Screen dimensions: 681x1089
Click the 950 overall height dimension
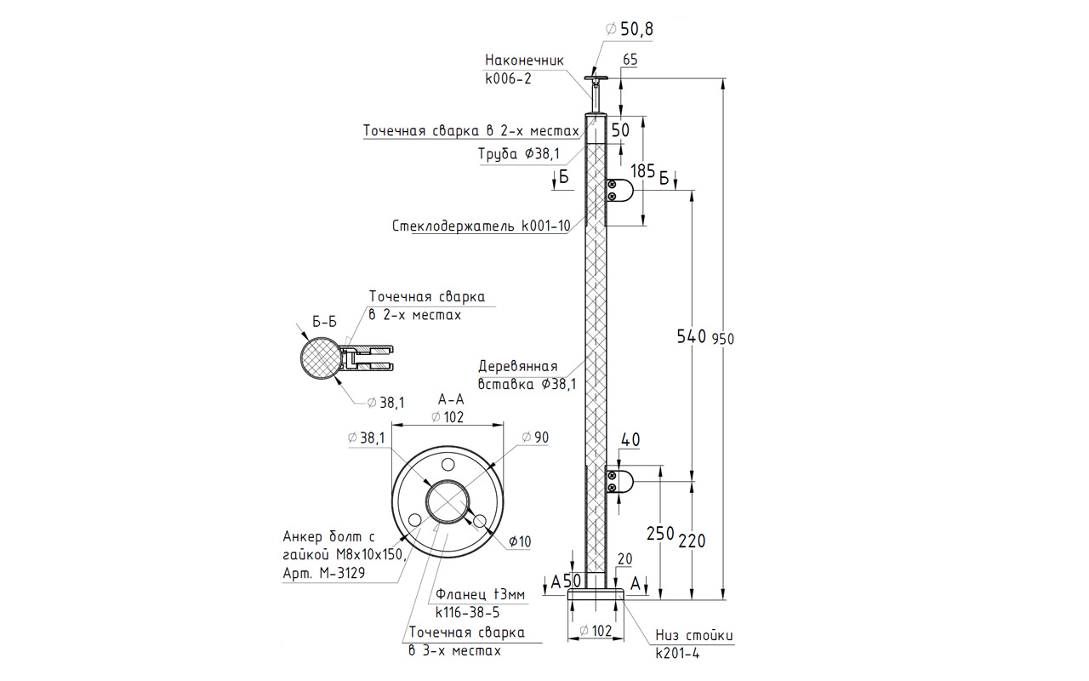coord(722,339)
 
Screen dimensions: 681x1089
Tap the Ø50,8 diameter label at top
coord(630,30)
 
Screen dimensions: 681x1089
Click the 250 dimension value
coord(659,534)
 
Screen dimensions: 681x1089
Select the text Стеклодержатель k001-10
coord(480,226)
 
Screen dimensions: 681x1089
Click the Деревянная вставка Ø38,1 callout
coord(527,375)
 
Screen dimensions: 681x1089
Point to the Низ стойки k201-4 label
coord(693,644)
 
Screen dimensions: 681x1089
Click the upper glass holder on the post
coord(619,191)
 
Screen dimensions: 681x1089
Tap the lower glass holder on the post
coord(619,482)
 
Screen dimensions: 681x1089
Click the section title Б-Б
coord(324,322)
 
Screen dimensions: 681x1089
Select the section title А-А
coord(450,398)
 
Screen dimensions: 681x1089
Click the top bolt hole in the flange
coord(448,466)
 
